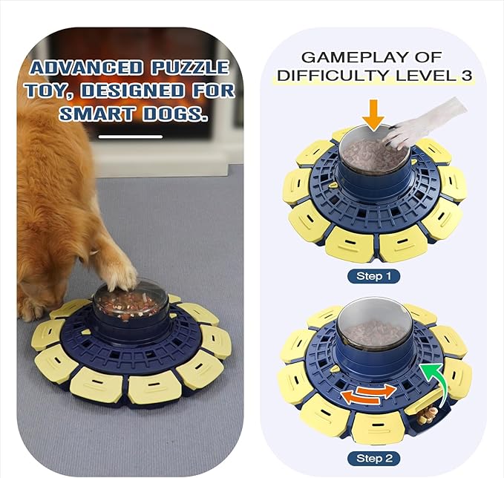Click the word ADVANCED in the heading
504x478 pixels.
(x=88, y=68)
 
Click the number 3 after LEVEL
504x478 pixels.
(x=465, y=76)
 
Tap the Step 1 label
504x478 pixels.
(x=373, y=276)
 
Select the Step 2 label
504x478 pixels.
(x=373, y=457)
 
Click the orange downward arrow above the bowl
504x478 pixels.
(x=373, y=114)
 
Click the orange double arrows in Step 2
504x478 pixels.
(x=368, y=394)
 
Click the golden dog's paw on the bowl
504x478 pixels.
(x=119, y=278)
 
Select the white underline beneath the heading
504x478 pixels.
(x=131, y=137)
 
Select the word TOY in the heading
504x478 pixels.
(x=46, y=91)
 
